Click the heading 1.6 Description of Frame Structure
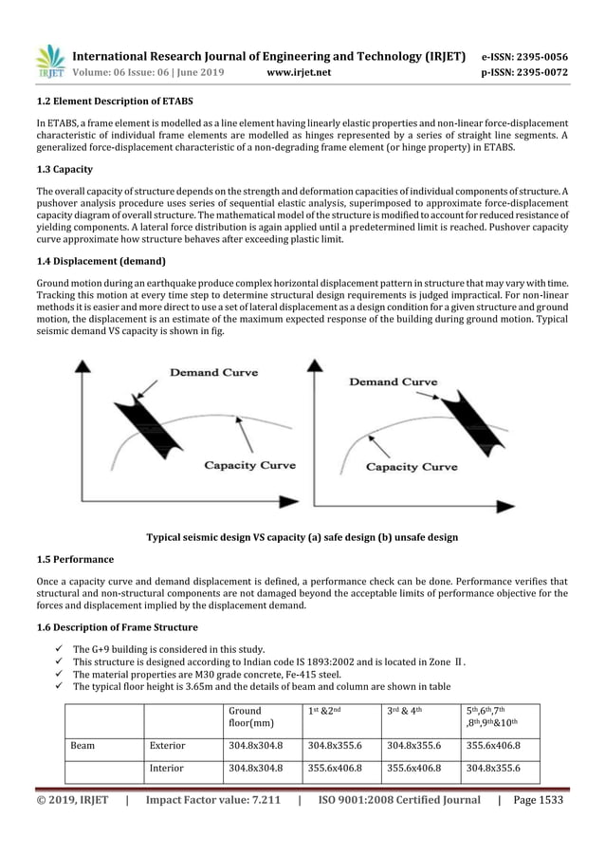click(x=118, y=627)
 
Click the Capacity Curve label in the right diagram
click(x=412, y=467)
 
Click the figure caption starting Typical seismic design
click(x=302, y=537)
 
